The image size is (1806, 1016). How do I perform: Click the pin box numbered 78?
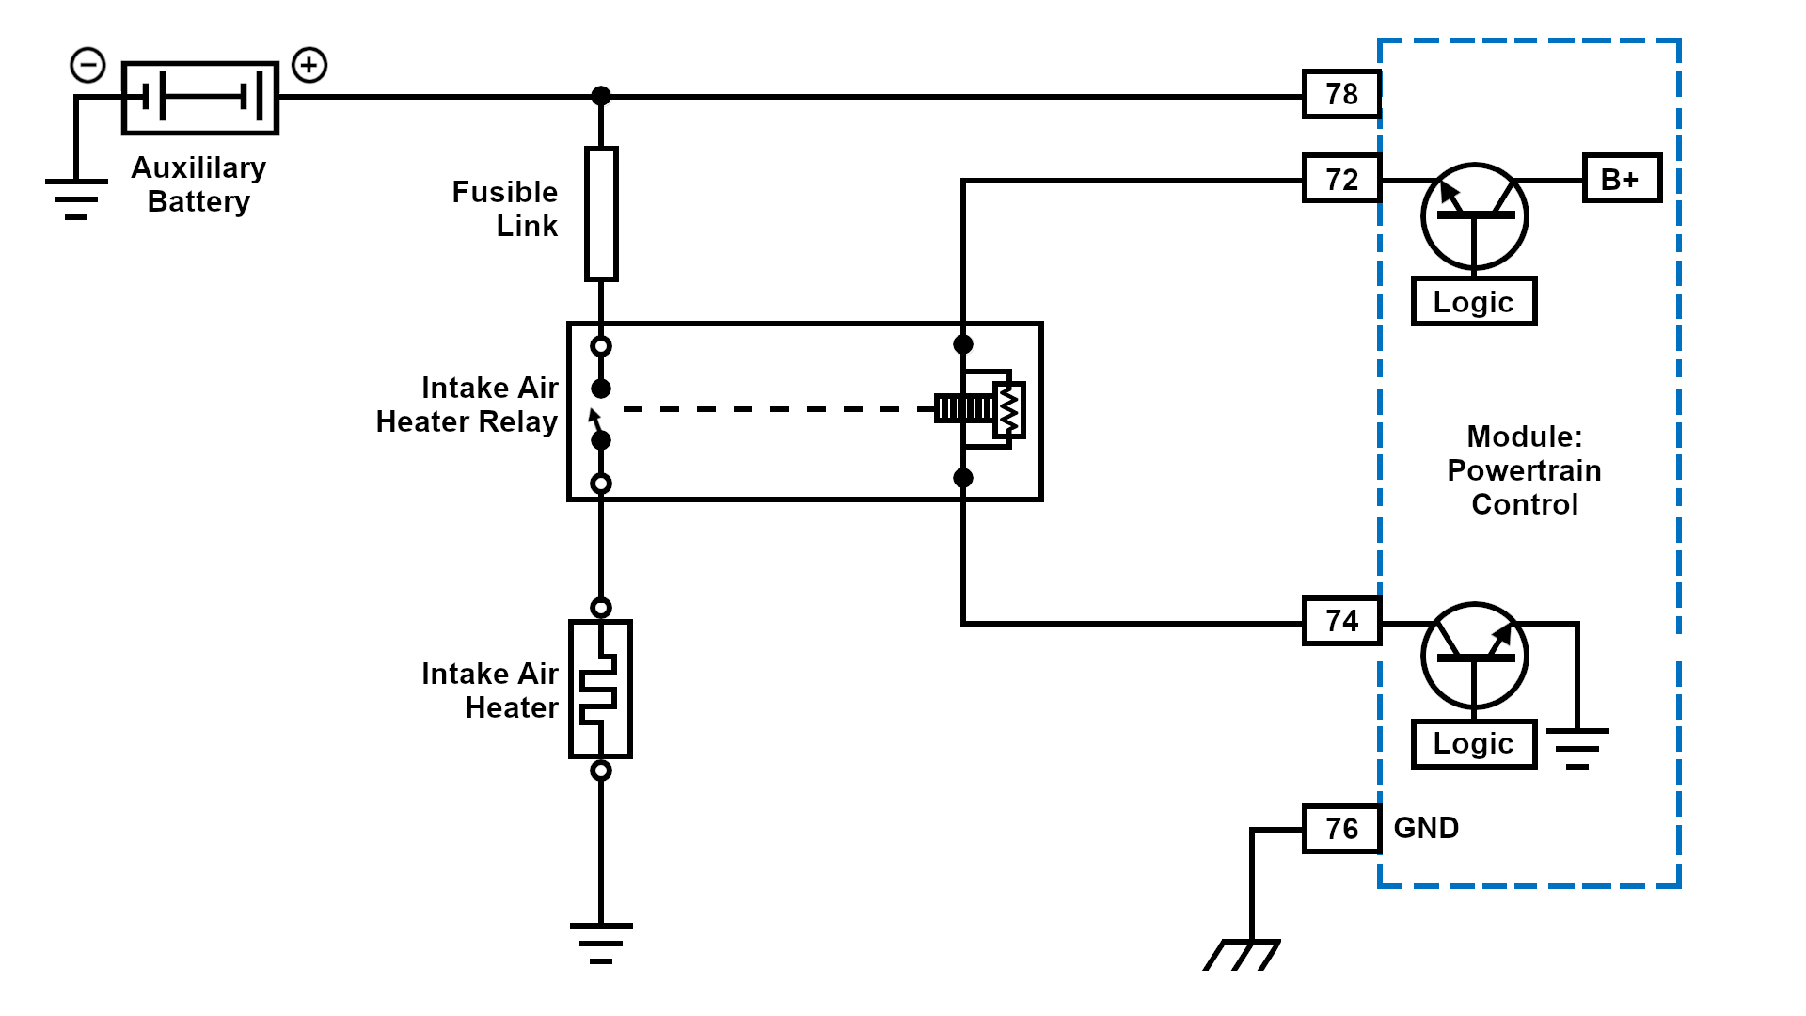(x=1341, y=94)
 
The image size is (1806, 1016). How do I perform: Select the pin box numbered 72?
(x=1341, y=179)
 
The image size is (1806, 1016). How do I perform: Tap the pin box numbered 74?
(x=1341, y=621)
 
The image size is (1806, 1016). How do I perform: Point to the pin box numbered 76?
(x=1341, y=829)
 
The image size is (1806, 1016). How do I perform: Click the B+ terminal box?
(x=1622, y=179)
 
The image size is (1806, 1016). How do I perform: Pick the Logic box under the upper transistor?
(x=1473, y=302)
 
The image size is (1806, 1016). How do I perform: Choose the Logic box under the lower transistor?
(x=1473, y=743)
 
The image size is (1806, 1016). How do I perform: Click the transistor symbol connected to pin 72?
(x=1474, y=216)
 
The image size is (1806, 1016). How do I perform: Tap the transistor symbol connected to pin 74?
(x=1474, y=656)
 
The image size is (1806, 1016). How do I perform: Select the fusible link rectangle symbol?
(x=601, y=214)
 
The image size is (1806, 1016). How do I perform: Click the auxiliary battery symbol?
(x=200, y=98)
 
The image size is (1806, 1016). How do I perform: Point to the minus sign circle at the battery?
(x=88, y=66)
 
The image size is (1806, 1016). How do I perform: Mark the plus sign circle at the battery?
(x=309, y=66)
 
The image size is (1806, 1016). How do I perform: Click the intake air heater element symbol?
(x=600, y=689)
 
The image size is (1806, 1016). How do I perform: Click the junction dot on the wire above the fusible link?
(x=601, y=96)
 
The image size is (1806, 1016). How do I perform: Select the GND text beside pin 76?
(x=1426, y=828)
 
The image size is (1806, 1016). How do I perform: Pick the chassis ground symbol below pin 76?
(x=1243, y=954)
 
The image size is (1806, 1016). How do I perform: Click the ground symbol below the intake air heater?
(x=601, y=943)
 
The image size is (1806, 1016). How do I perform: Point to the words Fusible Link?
(x=505, y=209)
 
